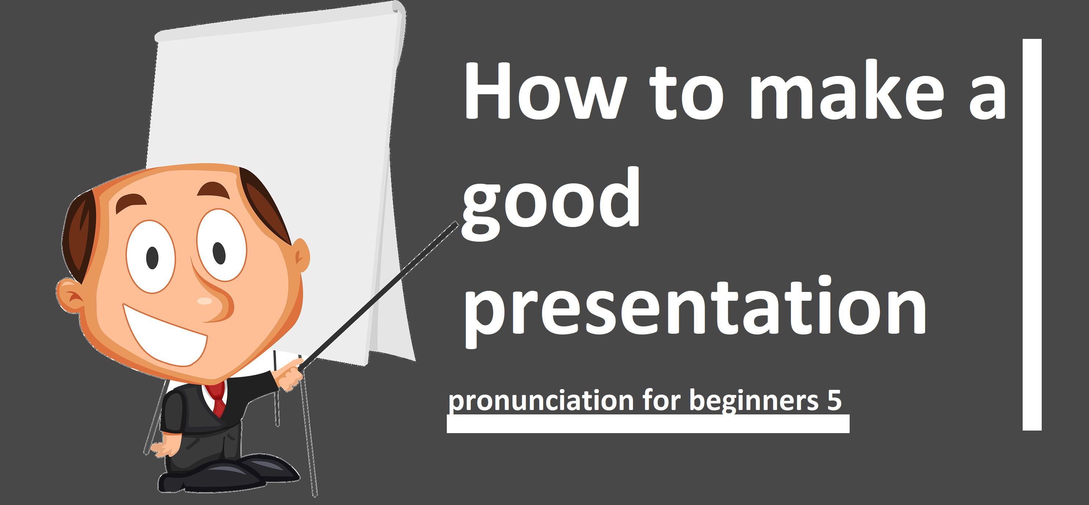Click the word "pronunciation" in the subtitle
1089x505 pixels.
coord(541,400)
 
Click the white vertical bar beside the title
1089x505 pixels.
coord(1032,235)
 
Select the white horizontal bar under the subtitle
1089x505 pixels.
coord(648,424)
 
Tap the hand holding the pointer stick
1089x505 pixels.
coord(290,375)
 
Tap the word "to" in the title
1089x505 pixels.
coord(687,93)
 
